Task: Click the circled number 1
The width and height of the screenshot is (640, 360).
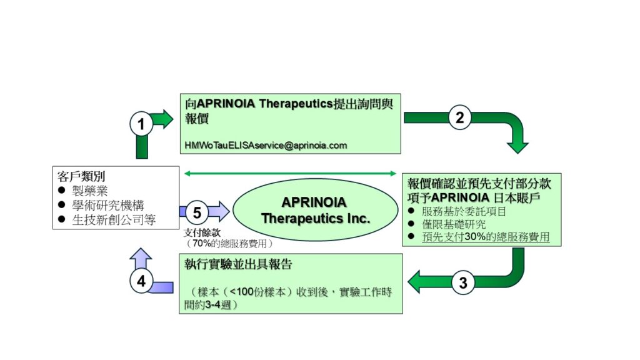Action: (x=141, y=124)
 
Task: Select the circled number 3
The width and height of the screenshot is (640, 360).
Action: (x=463, y=282)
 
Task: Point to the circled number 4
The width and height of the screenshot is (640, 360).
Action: (x=141, y=282)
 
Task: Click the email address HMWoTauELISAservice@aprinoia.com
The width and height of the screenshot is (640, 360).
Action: (x=266, y=145)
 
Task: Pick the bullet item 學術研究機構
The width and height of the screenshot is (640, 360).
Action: (x=106, y=205)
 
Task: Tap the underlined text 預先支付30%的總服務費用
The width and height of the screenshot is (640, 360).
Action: (x=486, y=237)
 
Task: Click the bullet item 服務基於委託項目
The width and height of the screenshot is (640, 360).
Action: (x=464, y=211)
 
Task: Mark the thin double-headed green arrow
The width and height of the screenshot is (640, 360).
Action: (x=290, y=173)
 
